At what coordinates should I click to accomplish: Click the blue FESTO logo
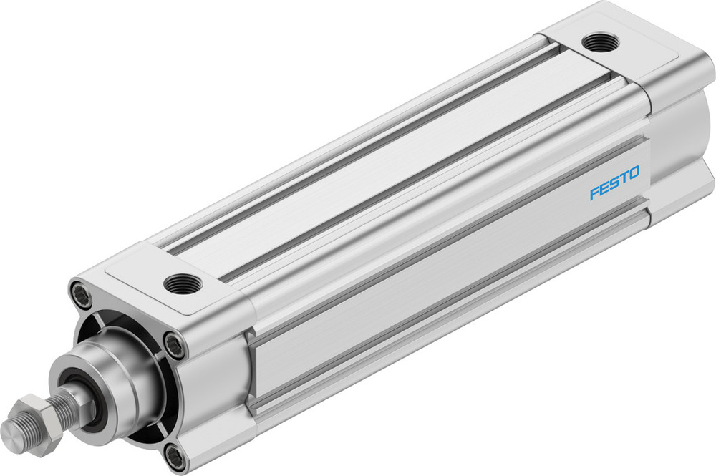(x=614, y=183)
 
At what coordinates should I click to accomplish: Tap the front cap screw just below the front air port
(x=175, y=345)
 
